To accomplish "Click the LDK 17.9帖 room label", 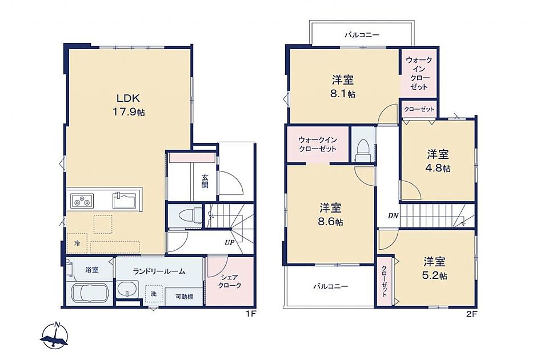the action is (129, 105).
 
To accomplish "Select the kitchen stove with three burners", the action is (82, 200).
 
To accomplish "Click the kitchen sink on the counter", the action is (125, 200).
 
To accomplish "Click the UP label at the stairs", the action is (229, 242).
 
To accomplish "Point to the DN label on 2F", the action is (393, 216).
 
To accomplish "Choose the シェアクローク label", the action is (229, 281).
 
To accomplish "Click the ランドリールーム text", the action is (159, 271).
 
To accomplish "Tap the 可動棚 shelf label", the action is (184, 296).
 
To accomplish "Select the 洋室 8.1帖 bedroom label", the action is (343, 86).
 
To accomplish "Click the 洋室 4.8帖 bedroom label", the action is (438, 161).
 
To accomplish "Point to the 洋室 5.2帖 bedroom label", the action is (435, 269).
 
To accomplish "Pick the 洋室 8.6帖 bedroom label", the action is (331, 214).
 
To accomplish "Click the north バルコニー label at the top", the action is (362, 35).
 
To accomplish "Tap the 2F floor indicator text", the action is (471, 314).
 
